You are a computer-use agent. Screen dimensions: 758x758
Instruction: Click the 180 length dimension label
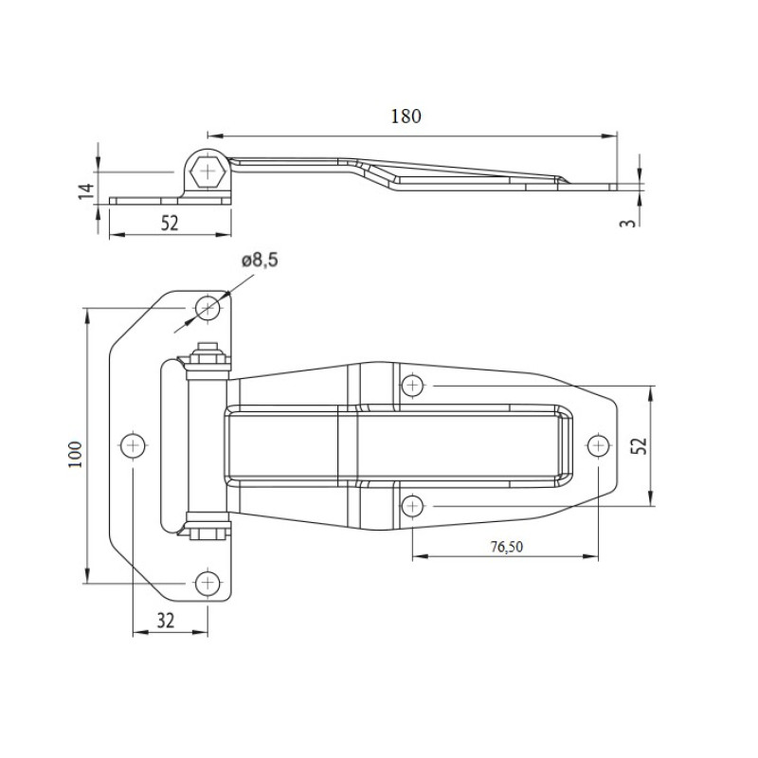click(406, 117)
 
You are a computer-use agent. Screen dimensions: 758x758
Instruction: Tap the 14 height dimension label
click(87, 191)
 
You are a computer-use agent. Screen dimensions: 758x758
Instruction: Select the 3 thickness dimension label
click(627, 223)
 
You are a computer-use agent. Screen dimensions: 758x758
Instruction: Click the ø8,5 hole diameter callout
click(260, 260)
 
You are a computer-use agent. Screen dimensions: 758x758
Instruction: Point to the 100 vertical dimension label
click(76, 454)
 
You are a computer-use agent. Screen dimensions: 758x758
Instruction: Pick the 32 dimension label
click(165, 621)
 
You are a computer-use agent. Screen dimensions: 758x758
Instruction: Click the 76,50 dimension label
click(507, 547)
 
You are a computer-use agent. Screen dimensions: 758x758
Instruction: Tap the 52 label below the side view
click(170, 223)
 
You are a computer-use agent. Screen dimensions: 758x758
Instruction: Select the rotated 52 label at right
click(639, 445)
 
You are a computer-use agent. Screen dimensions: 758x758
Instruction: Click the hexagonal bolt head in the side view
click(208, 171)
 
